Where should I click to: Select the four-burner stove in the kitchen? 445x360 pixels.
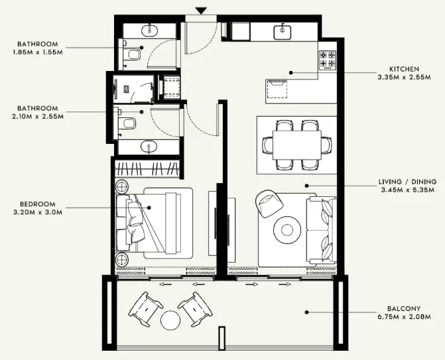[328, 60]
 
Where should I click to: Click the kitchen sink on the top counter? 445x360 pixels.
[283, 30]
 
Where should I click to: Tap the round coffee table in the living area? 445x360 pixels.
[287, 229]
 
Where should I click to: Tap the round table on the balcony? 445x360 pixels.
[170, 321]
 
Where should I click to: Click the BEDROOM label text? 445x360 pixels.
[37, 204]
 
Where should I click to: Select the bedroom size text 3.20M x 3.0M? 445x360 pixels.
[37, 213]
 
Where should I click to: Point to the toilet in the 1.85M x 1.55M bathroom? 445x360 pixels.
[133, 53]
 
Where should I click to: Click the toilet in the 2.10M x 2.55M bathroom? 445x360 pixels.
[128, 123]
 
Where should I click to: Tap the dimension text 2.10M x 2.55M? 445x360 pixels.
[37, 117]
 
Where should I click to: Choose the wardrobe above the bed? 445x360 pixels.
[147, 168]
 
